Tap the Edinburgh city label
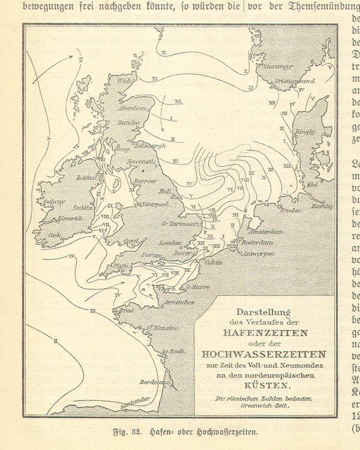[150, 146]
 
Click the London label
[170, 243]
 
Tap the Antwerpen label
[260, 254]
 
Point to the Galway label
[54, 202]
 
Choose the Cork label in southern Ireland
[55, 236]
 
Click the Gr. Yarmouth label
[180, 224]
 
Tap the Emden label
[289, 210]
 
